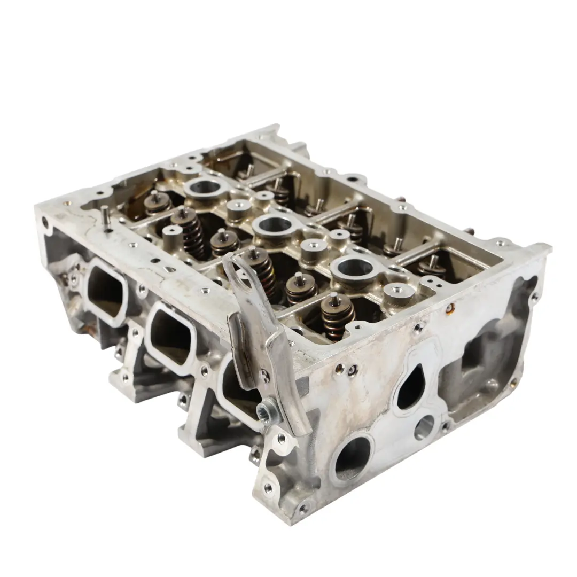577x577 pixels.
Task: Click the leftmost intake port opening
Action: coord(105,290)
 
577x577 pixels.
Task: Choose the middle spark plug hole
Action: coord(274,225)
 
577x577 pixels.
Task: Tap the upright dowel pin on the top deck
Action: coord(105,217)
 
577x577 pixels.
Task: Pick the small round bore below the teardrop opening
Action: coord(425,427)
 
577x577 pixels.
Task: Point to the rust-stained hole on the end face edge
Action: coord(450,308)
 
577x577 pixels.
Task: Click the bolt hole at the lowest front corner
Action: coord(304,508)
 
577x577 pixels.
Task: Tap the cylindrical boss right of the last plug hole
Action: coord(398,293)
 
